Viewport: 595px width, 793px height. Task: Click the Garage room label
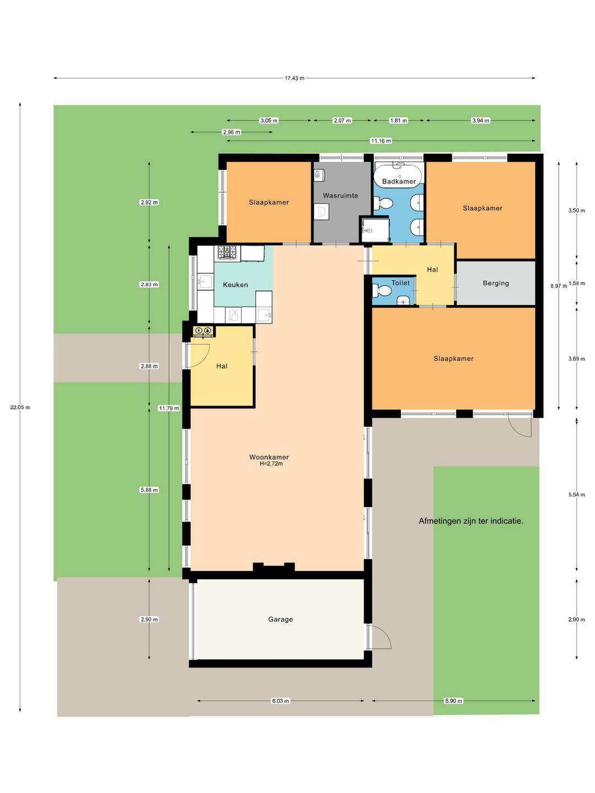pos(280,619)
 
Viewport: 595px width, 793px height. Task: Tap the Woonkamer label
pos(269,457)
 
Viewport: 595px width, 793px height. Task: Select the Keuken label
pos(235,285)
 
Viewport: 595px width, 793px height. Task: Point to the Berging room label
pos(496,283)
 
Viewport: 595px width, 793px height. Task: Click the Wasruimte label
pos(340,195)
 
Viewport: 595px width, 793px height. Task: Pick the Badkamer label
pos(399,181)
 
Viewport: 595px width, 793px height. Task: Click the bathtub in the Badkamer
pos(398,174)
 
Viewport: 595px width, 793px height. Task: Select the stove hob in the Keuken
pos(227,252)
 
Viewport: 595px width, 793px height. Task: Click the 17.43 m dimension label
pos(294,78)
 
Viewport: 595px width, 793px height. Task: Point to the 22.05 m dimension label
pos(20,407)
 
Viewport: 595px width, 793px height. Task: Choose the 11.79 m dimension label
pos(169,408)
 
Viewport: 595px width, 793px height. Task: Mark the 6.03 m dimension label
pos(280,701)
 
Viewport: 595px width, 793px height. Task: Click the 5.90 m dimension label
pos(453,701)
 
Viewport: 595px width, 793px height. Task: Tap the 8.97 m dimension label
pos(559,286)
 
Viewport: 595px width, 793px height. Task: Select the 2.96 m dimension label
pos(231,132)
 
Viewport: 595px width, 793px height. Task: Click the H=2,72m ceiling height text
pos(271,464)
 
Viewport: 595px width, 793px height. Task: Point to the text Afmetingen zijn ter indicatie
pos(470,521)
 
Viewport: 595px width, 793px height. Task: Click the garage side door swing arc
pos(386,635)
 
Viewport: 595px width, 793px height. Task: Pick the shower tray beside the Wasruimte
pos(375,230)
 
